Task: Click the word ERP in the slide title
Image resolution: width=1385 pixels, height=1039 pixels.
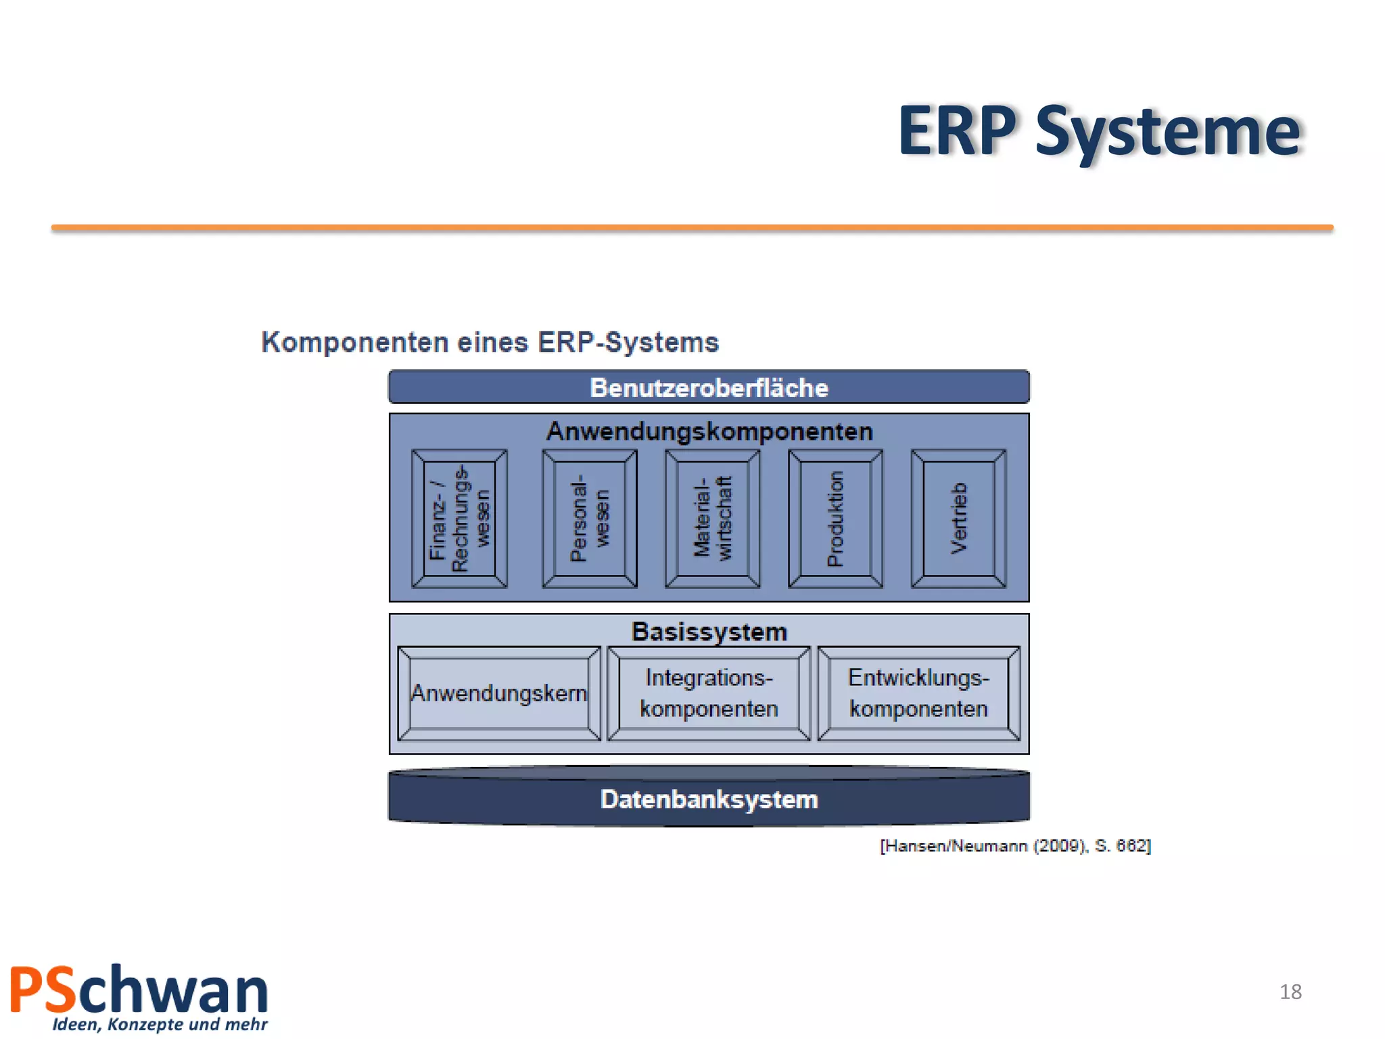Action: point(957,131)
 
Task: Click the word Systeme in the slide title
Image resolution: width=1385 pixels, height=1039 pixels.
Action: point(1168,133)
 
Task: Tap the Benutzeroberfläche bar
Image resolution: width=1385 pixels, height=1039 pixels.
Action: point(709,388)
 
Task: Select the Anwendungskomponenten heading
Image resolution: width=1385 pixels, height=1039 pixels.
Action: point(709,432)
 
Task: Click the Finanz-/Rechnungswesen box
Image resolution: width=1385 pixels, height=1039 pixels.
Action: point(459,518)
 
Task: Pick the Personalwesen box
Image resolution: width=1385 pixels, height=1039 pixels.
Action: point(590,518)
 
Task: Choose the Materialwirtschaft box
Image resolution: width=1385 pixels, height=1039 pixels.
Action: point(713,518)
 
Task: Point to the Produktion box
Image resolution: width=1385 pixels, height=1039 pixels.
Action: point(836,518)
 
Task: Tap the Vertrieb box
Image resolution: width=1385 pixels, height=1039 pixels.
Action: point(958,518)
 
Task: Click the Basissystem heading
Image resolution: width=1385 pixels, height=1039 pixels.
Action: point(709,632)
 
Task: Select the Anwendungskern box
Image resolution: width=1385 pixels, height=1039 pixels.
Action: point(499,693)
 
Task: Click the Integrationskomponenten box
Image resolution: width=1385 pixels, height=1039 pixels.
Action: point(709,693)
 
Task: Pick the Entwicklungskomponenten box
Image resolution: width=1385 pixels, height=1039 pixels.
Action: point(918,693)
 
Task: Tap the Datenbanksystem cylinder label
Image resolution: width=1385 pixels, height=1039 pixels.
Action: point(709,800)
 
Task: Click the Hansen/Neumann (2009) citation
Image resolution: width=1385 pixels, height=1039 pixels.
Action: point(1015,846)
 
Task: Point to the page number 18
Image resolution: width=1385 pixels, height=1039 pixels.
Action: point(1290,992)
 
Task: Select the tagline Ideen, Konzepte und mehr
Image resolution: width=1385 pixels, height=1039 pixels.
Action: point(160,1024)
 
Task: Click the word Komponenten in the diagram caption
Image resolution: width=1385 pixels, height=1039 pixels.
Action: point(355,342)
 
